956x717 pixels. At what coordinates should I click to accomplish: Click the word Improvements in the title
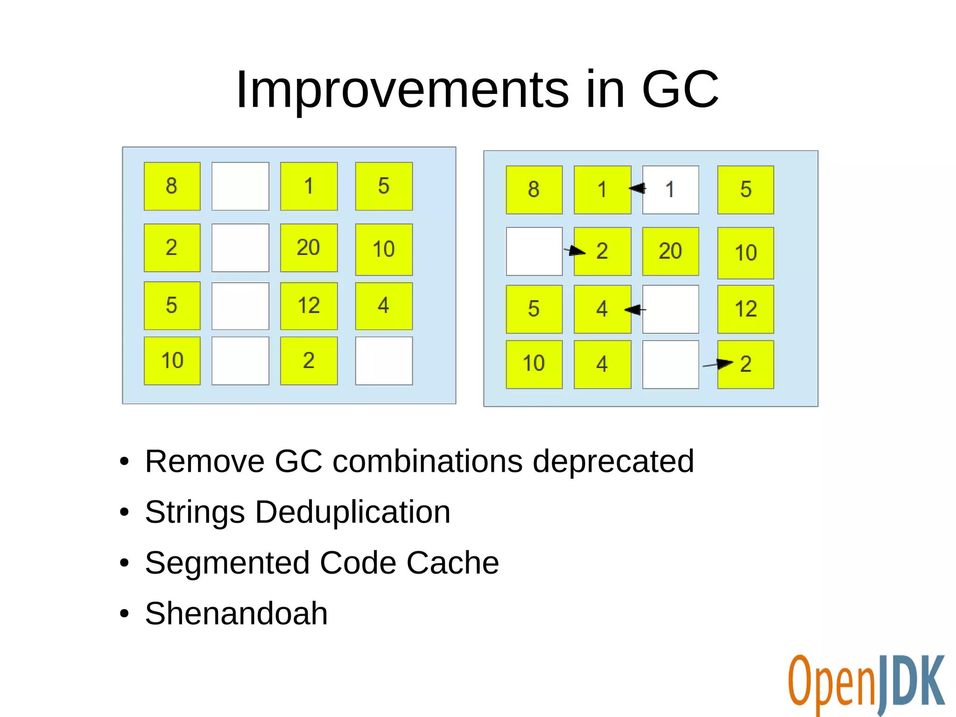point(402,90)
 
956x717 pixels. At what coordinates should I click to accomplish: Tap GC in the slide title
point(680,90)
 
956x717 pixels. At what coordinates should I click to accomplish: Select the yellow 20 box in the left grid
point(309,248)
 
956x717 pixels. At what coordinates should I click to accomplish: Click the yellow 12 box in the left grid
point(309,306)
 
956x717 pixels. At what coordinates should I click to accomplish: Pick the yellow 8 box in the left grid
point(172,186)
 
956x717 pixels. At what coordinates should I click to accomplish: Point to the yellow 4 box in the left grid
point(384,306)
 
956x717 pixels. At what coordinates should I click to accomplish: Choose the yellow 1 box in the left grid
point(309,186)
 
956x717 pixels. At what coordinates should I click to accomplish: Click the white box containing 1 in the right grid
point(670,190)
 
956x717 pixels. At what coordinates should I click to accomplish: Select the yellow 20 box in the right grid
point(670,251)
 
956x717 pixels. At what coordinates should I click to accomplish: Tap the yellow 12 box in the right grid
point(745,309)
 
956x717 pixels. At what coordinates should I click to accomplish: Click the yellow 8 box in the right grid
point(534,190)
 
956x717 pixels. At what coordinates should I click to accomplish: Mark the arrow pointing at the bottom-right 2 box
point(717,364)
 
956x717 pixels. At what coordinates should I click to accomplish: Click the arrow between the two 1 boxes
point(637,188)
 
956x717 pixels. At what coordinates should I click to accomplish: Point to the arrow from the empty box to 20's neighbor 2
point(575,251)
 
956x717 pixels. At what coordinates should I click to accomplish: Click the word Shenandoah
point(236,613)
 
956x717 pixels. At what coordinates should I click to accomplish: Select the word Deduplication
point(352,512)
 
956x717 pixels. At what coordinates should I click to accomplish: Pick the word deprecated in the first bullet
point(613,461)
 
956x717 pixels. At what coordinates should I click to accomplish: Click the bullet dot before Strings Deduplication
point(124,512)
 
